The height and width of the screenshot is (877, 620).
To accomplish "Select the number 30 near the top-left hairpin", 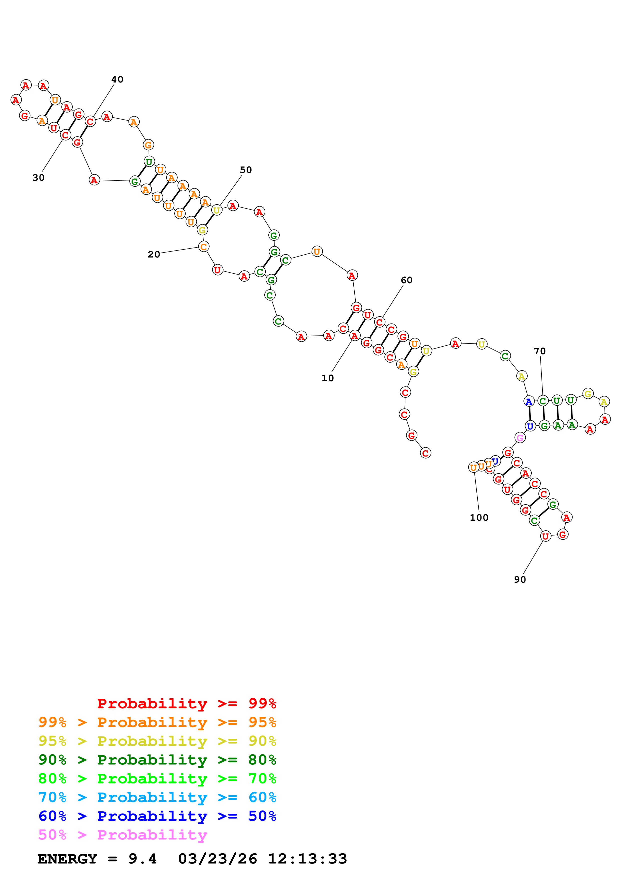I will coord(38,177).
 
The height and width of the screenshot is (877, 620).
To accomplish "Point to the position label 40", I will coord(117,79).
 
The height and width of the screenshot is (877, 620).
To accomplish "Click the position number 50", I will coord(246,170).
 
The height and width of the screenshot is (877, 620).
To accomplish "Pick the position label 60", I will coord(406,280).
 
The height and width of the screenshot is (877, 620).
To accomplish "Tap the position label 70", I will coord(539,351).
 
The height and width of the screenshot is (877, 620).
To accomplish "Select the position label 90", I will coord(520,579).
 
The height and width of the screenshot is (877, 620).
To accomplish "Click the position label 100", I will coord(479,517).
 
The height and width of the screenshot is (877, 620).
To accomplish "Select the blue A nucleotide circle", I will coord(529,401).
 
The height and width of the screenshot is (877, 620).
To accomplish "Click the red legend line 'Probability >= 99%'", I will coord(186,703).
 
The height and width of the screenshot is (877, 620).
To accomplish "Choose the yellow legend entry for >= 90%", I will coord(157,741).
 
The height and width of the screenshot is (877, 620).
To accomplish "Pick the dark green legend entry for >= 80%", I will coord(157,760).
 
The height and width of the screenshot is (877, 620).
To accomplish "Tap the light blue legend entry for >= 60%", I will coord(157,797).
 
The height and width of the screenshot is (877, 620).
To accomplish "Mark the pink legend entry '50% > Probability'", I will coord(122,834).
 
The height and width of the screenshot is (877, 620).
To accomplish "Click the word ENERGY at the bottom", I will coord(67,859).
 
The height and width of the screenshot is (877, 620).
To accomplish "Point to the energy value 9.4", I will coord(143,859).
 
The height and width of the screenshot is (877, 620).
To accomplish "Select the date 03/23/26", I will coord(217,859).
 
